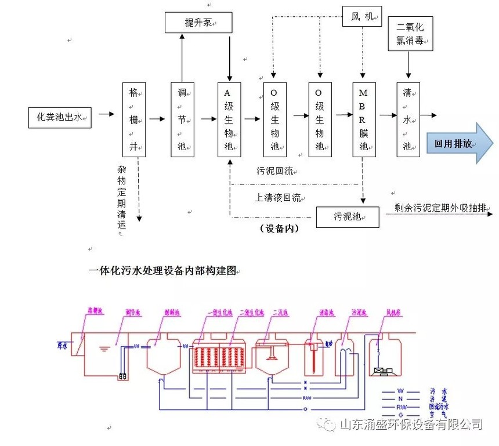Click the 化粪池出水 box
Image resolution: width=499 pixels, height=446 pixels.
[60, 118]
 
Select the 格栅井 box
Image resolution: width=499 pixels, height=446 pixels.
[134, 119]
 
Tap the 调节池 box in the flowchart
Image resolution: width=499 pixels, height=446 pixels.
[182, 119]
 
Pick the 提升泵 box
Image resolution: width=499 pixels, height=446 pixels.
[198, 23]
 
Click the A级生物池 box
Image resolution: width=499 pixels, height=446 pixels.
[229, 119]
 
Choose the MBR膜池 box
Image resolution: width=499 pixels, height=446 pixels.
[364, 119]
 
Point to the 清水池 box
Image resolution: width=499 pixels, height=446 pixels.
[408, 119]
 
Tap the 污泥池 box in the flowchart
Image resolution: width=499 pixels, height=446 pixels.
[347, 217]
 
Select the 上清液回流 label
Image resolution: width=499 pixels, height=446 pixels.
[278, 197]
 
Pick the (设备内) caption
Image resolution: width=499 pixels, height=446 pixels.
[279, 229]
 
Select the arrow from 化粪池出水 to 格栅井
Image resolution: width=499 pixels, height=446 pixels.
[106, 115]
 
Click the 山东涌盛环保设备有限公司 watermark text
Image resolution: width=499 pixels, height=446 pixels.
[410, 425]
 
